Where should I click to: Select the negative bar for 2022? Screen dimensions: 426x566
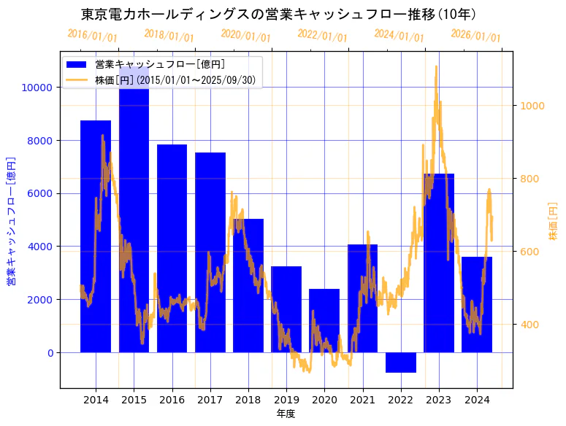(400, 363)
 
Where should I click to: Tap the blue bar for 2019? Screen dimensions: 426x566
(286, 309)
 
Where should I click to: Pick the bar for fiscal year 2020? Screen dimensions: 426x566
(324, 321)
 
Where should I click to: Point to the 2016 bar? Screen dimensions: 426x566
(172, 248)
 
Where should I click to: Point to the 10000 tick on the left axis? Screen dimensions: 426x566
(37, 88)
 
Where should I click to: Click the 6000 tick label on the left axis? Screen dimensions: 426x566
(40, 193)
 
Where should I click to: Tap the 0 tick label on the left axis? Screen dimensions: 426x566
(50, 353)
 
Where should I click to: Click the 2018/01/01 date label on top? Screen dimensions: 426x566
(169, 36)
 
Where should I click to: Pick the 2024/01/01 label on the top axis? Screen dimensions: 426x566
(399, 36)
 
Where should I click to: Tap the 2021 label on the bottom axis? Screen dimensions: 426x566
(362, 400)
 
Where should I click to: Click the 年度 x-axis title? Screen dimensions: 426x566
(286, 414)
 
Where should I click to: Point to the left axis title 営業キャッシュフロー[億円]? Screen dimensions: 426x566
(11, 221)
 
